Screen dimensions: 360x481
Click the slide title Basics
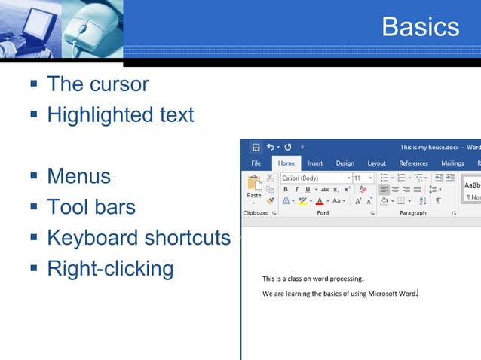click(420, 27)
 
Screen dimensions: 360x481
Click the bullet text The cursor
click(98, 84)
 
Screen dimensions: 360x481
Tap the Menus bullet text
click(78, 176)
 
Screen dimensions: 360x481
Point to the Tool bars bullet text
click(91, 207)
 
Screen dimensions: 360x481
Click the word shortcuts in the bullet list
click(187, 238)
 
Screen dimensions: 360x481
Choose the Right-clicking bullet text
click(110, 268)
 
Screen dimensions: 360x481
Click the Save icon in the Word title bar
click(256, 148)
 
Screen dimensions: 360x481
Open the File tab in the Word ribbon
click(256, 163)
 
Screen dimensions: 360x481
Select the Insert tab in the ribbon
click(315, 163)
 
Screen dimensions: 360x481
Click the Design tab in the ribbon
click(345, 163)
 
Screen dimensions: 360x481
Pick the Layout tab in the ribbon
click(376, 163)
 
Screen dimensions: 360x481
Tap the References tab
click(413, 163)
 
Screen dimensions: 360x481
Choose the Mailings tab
click(452, 163)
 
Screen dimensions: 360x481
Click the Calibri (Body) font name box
click(312, 178)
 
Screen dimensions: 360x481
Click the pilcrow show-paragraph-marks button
click(438, 201)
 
